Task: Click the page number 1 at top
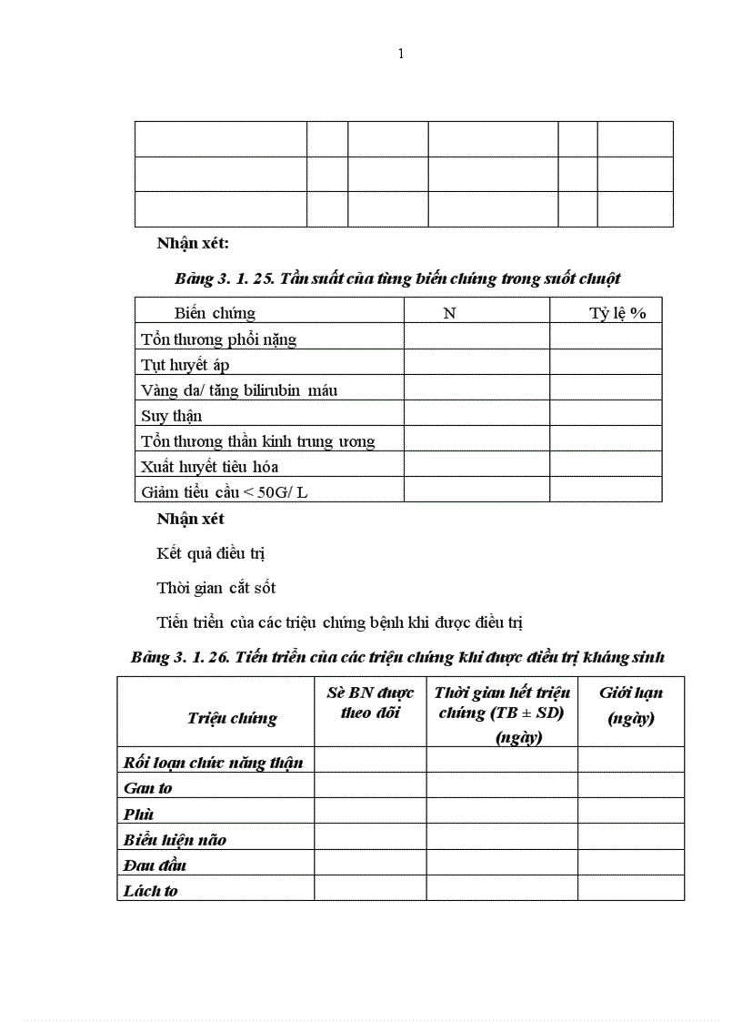coord(401,54)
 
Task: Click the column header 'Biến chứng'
coord(215,313)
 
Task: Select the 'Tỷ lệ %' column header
coord(617,313)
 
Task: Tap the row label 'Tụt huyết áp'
coord(185,365)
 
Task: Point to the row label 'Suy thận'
coord(172,416)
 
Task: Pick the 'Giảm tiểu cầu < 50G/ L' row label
coord(230,492)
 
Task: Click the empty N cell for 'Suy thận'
coord(476,416)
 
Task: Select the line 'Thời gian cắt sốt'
coord(216,588)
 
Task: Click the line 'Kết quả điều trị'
coord(210,553)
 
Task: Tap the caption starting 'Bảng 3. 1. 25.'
coord(397,278)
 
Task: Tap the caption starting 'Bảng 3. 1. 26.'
coord(397,657)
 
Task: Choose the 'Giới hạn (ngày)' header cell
coord(630,705)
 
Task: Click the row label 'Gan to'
coord(147,788)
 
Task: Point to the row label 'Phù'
coord(139,814)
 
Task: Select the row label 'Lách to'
coord(150,891)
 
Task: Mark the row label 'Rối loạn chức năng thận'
coord(213,763)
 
